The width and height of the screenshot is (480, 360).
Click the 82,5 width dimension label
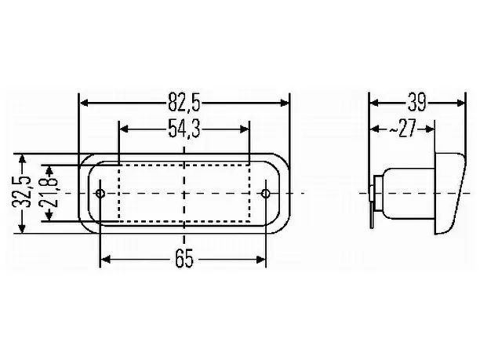coord(184,103)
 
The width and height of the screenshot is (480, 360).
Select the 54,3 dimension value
coord(184,129)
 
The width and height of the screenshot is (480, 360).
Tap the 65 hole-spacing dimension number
coord(184,260)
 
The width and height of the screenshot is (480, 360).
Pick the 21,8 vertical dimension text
coord(49,193)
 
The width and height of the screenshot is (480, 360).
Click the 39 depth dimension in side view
coord(416,103)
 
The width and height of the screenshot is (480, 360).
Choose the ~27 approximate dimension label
coord(402,129)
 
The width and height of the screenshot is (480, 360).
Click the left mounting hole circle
coord(100,194)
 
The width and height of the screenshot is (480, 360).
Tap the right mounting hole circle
coord(265,194)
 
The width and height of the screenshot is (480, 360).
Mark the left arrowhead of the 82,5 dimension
coord(84,103)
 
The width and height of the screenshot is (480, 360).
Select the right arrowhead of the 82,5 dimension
coord(284,103)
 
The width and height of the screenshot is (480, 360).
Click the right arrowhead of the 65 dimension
coord(261,260)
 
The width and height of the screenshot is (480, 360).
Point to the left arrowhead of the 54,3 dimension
coord(124,129)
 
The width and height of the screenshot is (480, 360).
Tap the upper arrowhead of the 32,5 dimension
coord(22,160)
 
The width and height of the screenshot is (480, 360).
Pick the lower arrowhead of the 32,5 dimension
coord(22,228)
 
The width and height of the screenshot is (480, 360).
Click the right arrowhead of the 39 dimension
coord(460,103)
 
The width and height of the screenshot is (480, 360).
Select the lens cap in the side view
coord(449,194)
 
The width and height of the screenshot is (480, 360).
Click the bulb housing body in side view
coord(409,194)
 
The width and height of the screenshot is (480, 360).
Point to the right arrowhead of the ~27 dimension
coord(430,129)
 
